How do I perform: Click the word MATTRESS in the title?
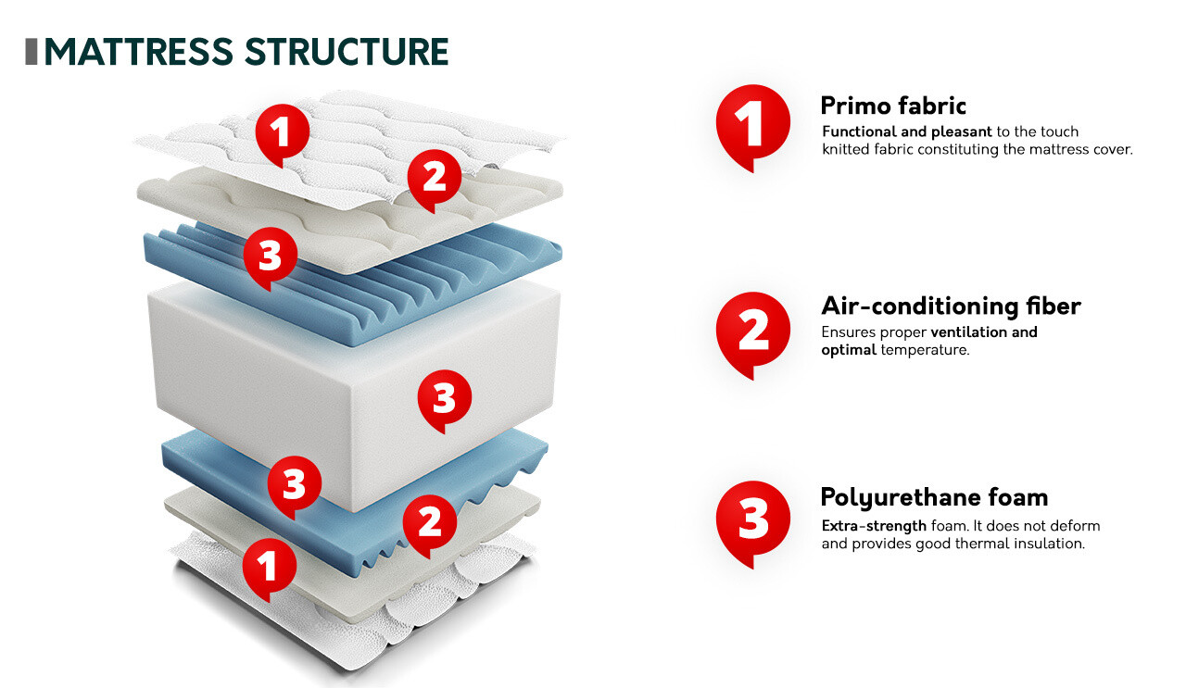[139, 52]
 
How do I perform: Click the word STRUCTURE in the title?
[347, 52]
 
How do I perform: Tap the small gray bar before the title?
[32, 52]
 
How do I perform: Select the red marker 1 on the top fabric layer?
[283, 131]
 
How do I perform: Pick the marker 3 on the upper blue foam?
[271, 255]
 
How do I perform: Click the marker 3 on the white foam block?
[445, 398]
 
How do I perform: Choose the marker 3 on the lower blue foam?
[295, 483]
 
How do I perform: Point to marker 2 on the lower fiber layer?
[430, 522]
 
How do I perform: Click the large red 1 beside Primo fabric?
[752, 123]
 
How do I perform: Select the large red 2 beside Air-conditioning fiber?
[752, 331]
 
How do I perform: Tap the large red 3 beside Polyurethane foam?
[752, 519]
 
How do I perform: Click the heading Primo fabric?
[893, 105]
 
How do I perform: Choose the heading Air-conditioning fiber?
[951, 306]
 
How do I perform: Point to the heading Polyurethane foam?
[934, 497]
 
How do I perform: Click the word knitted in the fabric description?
[849, 149]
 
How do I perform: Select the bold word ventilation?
[968, 331]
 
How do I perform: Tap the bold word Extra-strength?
[874, 526]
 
